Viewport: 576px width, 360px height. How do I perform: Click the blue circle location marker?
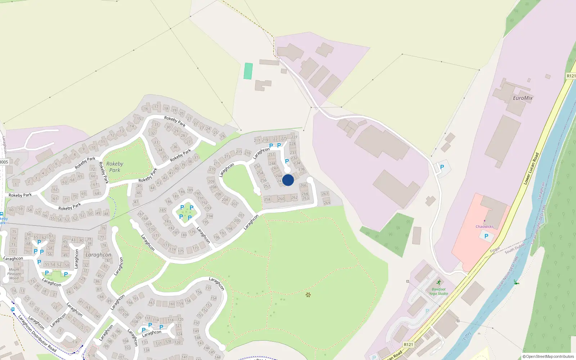[288, 180]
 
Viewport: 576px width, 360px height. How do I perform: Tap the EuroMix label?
[522, 98]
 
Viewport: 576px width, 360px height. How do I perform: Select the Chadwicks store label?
[484, 226]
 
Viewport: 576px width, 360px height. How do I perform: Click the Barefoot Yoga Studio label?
[438, 291]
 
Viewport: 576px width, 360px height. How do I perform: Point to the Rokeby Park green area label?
[114, 167]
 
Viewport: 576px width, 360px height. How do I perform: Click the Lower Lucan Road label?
[531, 169]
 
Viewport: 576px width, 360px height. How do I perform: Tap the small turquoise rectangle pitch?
[248, 71]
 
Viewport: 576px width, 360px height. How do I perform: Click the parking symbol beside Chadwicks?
[486, 236]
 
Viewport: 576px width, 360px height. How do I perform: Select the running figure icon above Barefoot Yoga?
[438, 283]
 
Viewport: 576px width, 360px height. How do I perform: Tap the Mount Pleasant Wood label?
[14, 274]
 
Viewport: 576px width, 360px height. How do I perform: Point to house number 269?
[327, 203]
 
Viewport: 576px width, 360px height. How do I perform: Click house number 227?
[294, 137]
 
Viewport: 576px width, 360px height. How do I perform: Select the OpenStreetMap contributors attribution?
[548, 356]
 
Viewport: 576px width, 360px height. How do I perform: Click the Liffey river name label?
[467, 336]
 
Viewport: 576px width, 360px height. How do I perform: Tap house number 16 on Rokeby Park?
[146, 108]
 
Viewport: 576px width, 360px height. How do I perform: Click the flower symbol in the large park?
[308, 295]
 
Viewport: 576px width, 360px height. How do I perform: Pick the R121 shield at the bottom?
[408, 345]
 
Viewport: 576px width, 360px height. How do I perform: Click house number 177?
[195, 248]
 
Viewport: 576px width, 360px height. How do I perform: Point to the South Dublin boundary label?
[515, 248]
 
